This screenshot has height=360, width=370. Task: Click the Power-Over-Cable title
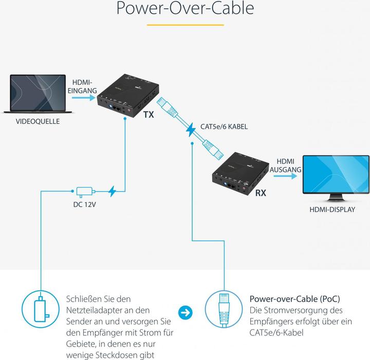(x=185, y=9)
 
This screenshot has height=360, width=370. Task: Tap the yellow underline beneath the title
(x=185, y=24)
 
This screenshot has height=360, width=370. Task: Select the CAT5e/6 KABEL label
(x=227, y=126)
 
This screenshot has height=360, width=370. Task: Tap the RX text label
(x=261, y=194)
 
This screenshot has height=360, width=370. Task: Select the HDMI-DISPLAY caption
(x=331, y=209)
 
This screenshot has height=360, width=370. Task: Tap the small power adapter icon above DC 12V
(x=84, y=192)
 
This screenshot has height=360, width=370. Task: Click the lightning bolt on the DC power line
(x=113, y=192)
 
